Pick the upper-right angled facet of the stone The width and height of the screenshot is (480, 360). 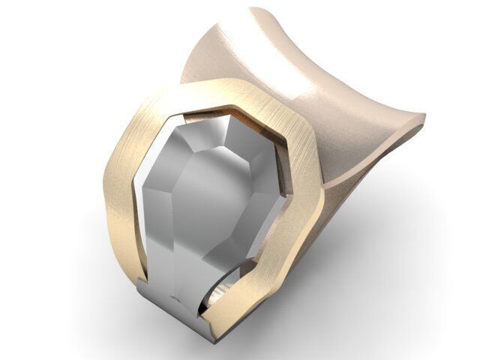[x=259, y=157]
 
